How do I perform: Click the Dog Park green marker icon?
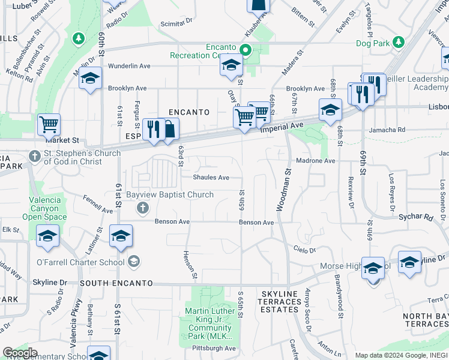397,43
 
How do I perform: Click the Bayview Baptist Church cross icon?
143,208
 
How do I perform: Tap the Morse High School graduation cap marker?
373,268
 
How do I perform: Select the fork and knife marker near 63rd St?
154,130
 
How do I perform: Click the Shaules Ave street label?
211,178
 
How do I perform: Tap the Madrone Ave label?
316,161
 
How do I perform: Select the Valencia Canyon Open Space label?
45,208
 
